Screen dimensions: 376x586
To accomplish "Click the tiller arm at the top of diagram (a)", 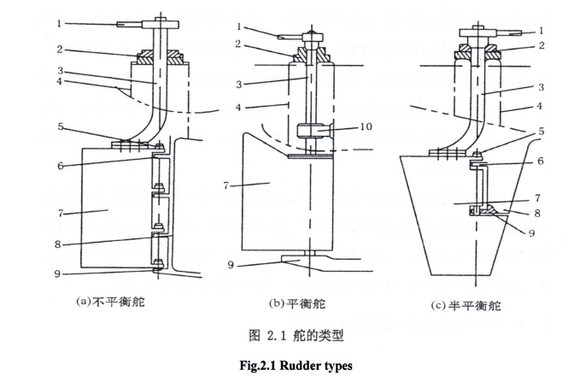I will coord(137,25).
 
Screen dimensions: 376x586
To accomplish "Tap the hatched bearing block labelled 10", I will coord(313,133).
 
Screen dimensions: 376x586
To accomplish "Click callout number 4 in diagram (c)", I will coord(541,108).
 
